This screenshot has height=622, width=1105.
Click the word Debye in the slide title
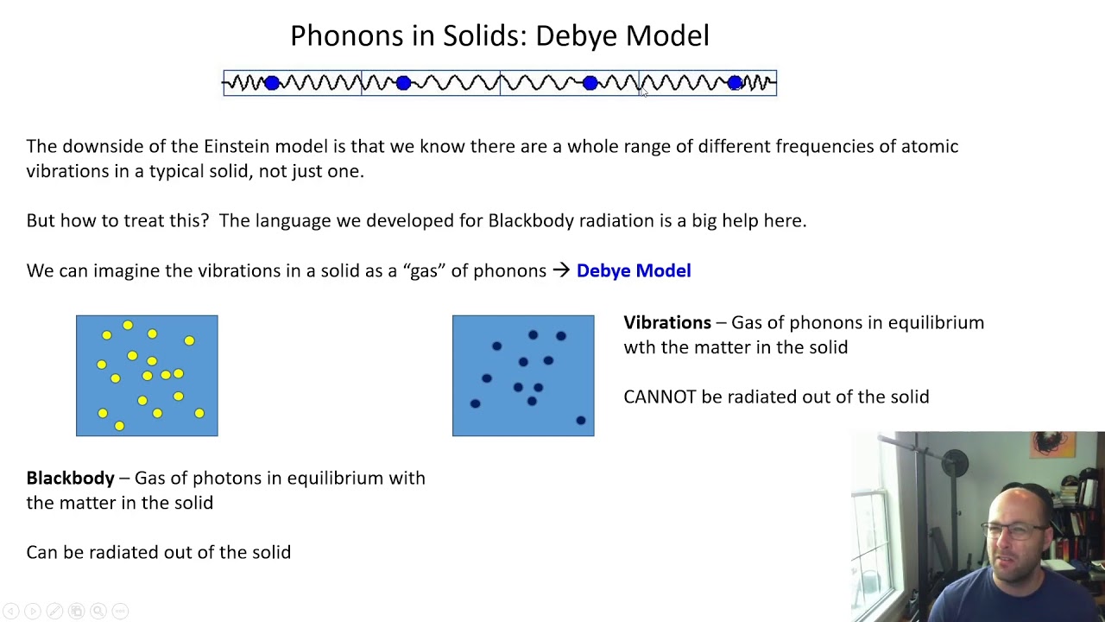pos(576,35)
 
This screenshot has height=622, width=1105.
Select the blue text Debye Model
pos(634,270)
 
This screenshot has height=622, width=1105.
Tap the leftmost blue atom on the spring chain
pos(272,83)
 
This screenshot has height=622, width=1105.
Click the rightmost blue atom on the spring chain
pos(735,83)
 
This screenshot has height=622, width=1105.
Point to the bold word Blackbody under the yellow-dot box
pos(70,478)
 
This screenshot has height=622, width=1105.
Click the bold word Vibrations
pos(666,322)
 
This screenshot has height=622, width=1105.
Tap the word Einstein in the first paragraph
pos(237,146)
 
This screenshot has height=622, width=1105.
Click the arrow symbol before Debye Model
pos(561,270)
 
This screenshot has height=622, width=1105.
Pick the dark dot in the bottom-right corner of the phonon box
pos(581,421)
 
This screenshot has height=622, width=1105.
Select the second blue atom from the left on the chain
pos(403,83)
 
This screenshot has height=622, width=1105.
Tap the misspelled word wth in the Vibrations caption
pos(640,347)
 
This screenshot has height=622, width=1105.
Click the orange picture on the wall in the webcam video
pos(1052,444)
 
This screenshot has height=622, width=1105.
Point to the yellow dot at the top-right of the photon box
pos(189,341)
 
